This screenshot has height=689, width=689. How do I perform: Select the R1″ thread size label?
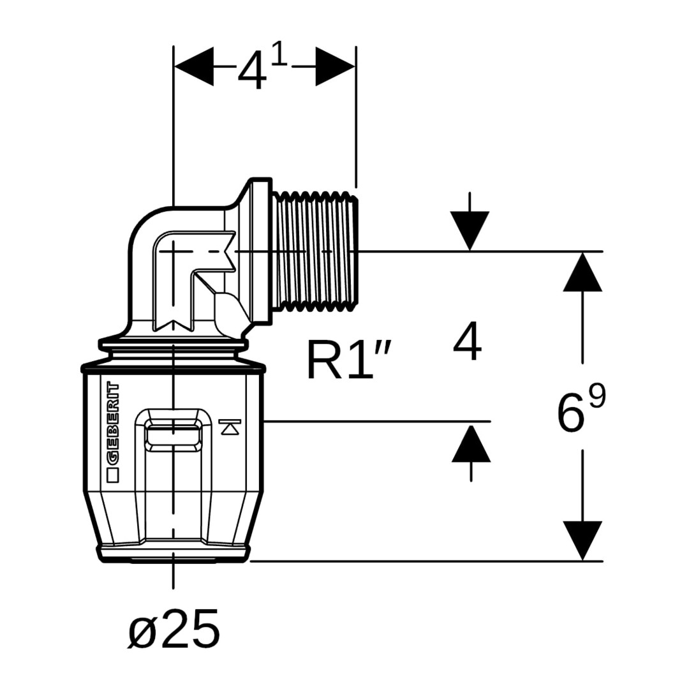(348, 360)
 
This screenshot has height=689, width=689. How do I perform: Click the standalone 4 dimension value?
(467, 343)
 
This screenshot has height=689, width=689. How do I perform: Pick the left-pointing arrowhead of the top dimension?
(194, 66)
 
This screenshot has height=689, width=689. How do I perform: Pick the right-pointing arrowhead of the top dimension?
(335, 66)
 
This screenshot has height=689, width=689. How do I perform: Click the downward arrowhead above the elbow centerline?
(470, 231)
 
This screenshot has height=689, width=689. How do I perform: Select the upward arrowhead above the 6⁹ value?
(582, 272)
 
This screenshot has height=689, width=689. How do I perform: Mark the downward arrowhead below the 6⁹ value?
(582, 540)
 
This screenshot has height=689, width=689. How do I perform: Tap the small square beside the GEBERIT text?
(113, 475)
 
